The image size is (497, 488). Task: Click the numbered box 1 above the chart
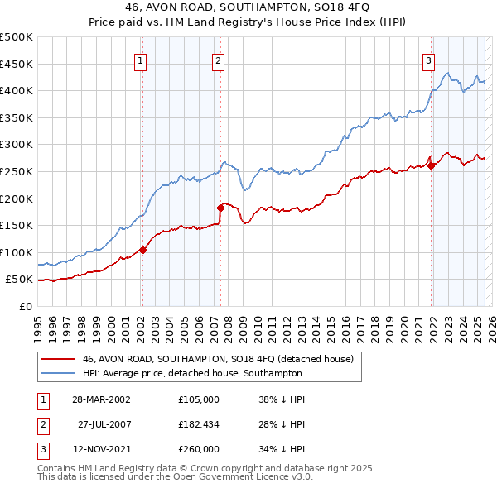[x=141, y=60]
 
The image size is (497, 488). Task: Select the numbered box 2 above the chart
[x=218, y=60]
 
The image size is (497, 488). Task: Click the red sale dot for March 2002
[x=142, y=250]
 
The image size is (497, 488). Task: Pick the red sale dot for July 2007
[x=221, y=208]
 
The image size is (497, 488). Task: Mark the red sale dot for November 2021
[x=431, y=165]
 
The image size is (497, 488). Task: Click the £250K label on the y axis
[x=17, y=171]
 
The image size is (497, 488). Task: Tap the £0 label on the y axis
[x=26, y=306]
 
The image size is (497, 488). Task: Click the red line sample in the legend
[x=58, y=359]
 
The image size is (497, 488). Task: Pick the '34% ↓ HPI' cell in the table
[x=282, y=449]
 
